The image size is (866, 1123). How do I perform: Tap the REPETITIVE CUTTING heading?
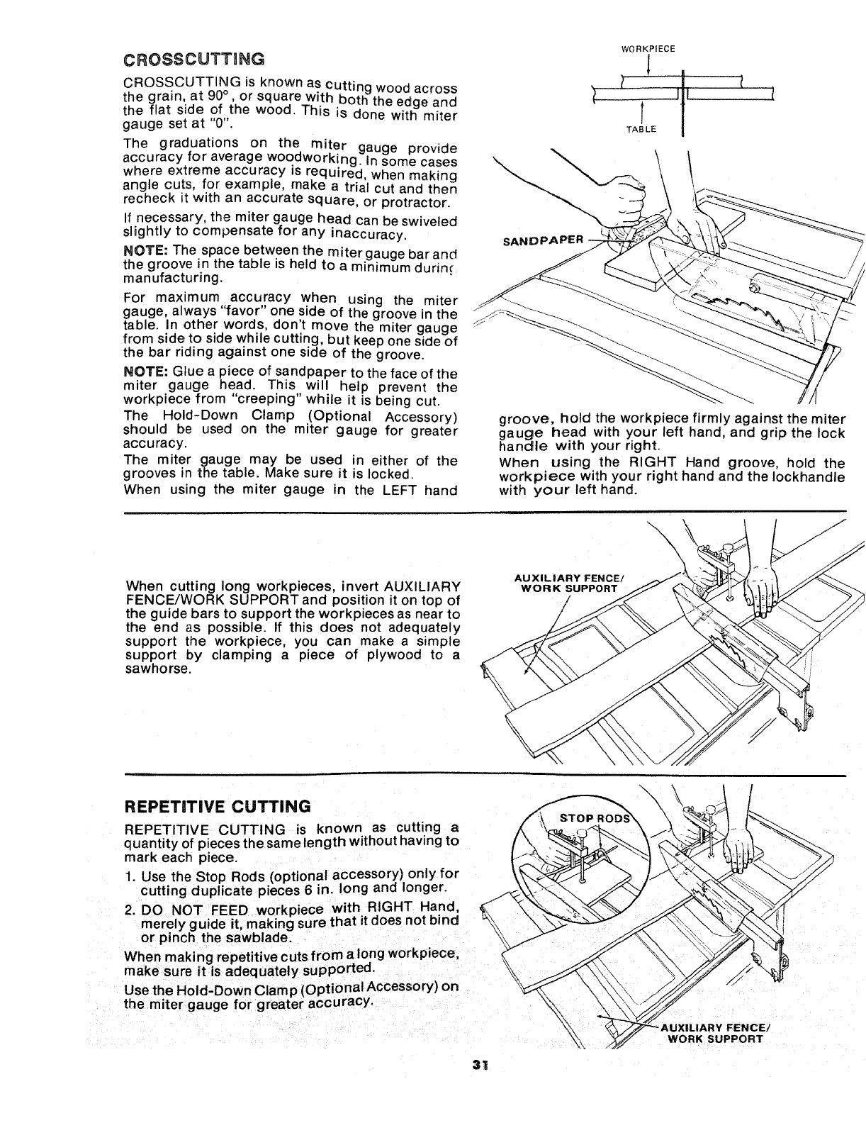coord(218,806)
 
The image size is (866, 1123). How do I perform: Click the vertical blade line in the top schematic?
coord(682,92)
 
